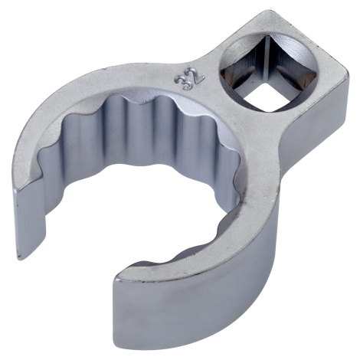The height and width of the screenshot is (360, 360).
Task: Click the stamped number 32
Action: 189,80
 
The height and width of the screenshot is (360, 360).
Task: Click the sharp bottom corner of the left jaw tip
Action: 18,259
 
